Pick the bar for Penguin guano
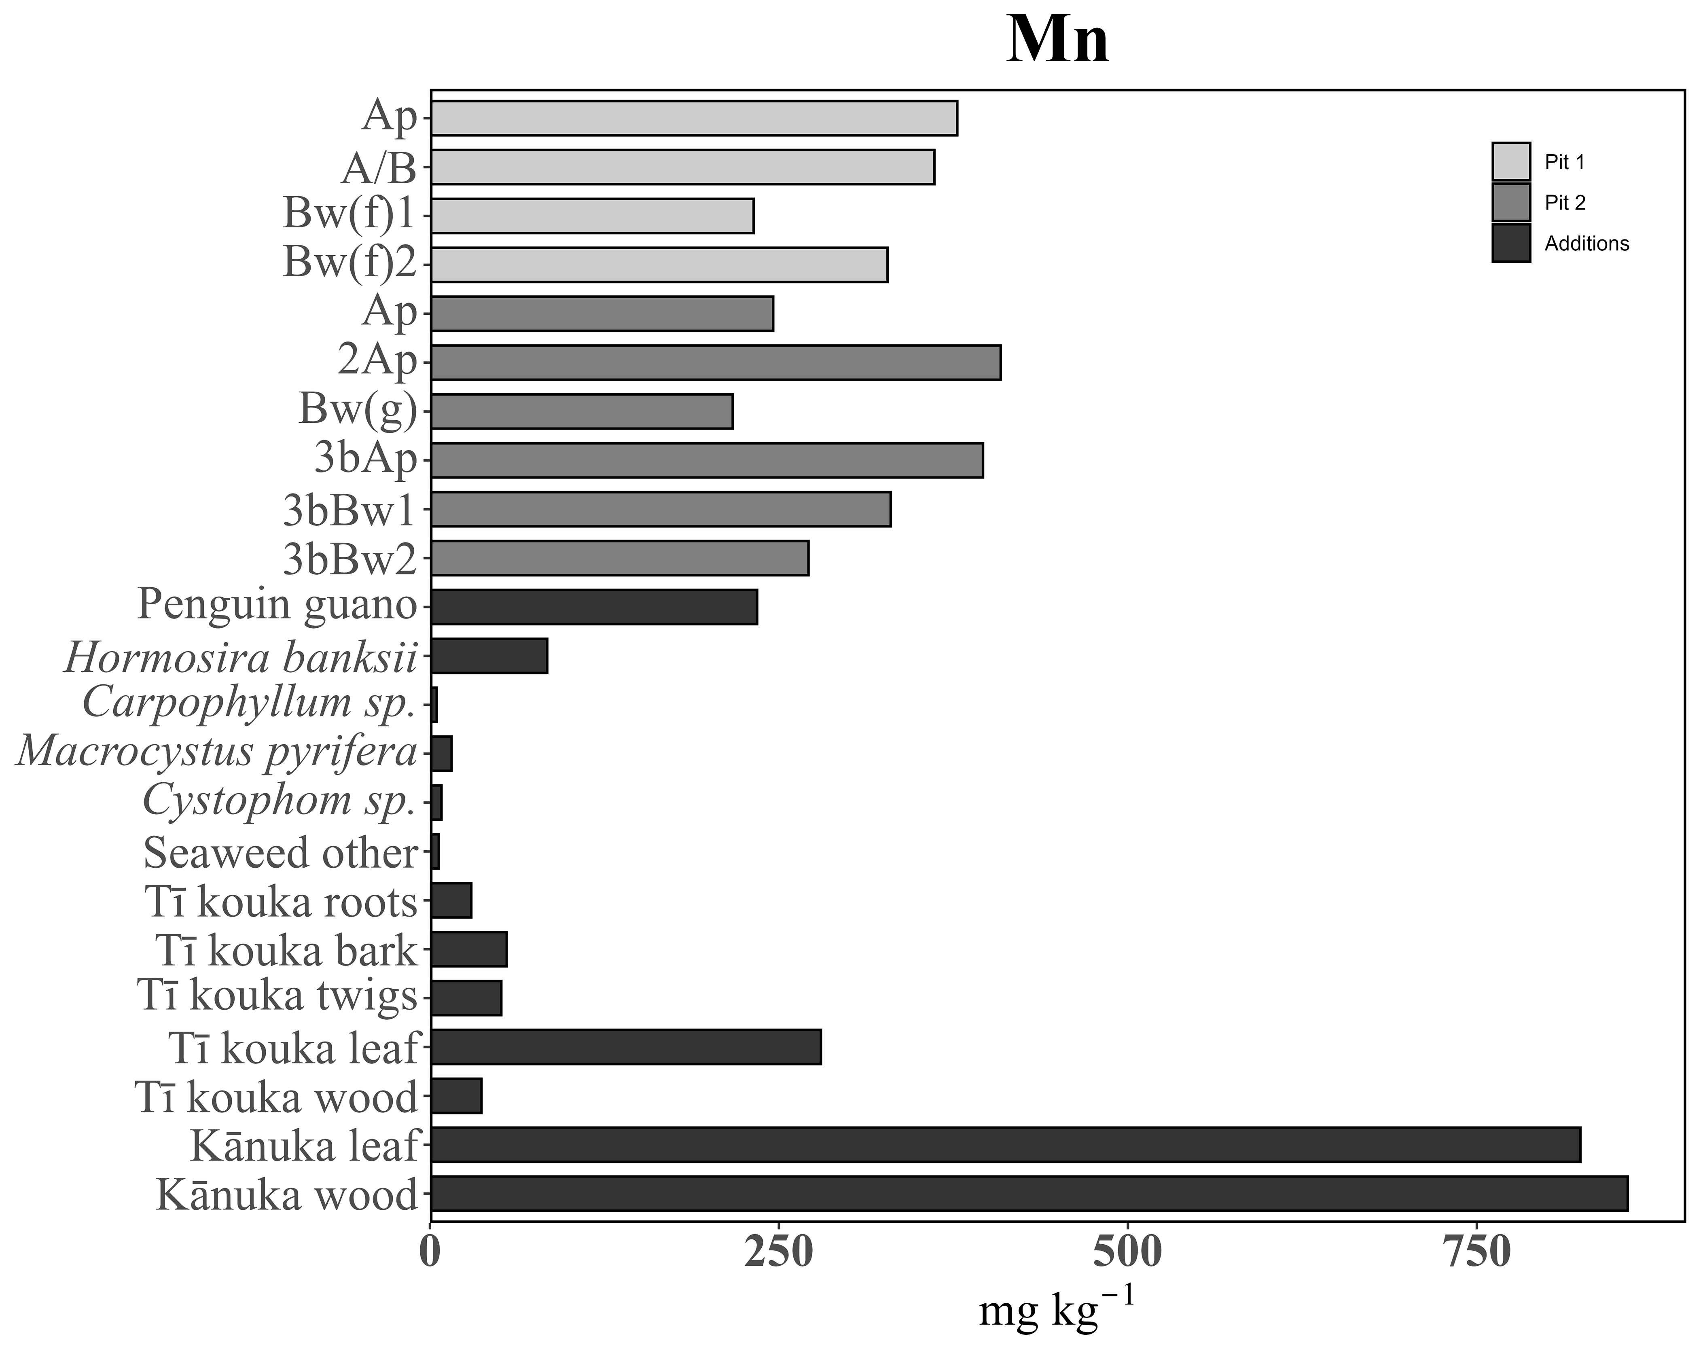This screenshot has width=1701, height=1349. click(x=594, y=607)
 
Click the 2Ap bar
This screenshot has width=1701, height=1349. click(x=716, y=362)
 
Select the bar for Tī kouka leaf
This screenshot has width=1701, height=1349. click(x=626, y=1047)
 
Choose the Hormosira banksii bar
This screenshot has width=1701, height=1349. click(x=489, y=656)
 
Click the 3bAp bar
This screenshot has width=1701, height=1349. click(x=707, y=460)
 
